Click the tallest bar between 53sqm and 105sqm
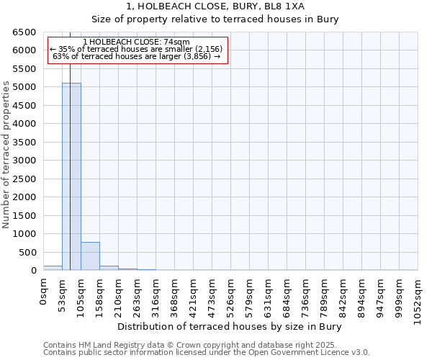(x=71, y=176)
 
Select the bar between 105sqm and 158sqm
(x=90, y=256)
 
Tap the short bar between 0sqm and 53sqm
(x=53, y=268)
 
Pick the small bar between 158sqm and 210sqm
(x=109, y=268)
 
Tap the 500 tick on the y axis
(x=28, y=253)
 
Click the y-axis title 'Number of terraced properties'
(x=6, y=155)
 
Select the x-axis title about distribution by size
(x=230, y=326)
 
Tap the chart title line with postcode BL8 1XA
(x=230, y=6)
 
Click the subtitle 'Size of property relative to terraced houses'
(x=230, y=19)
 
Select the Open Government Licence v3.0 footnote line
(x=207, y=352)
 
